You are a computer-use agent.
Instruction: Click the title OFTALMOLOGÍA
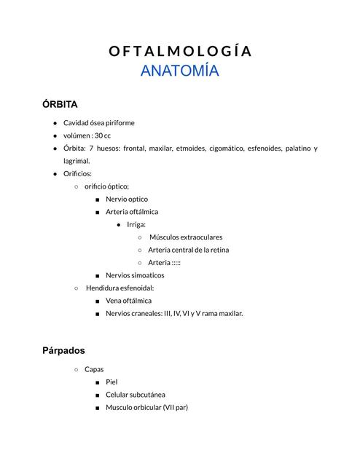(180, 51)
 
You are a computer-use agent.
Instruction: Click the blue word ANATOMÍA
(180, 71)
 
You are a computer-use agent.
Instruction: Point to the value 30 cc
(102, 135)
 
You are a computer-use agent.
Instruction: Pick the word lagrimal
(77, 161)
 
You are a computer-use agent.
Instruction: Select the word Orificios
(78, 173)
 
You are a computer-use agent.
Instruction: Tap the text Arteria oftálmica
(132, 211)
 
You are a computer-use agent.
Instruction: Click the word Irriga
(136, 224)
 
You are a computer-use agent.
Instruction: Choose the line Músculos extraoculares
(186, 237)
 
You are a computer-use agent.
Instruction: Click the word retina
(218, 250)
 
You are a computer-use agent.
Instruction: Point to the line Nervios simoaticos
(135, 275)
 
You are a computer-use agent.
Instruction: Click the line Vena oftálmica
(129, 300)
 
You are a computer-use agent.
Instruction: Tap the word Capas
(94, 369)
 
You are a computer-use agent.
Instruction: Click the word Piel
(111, 382)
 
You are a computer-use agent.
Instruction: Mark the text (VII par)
(175, 407)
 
